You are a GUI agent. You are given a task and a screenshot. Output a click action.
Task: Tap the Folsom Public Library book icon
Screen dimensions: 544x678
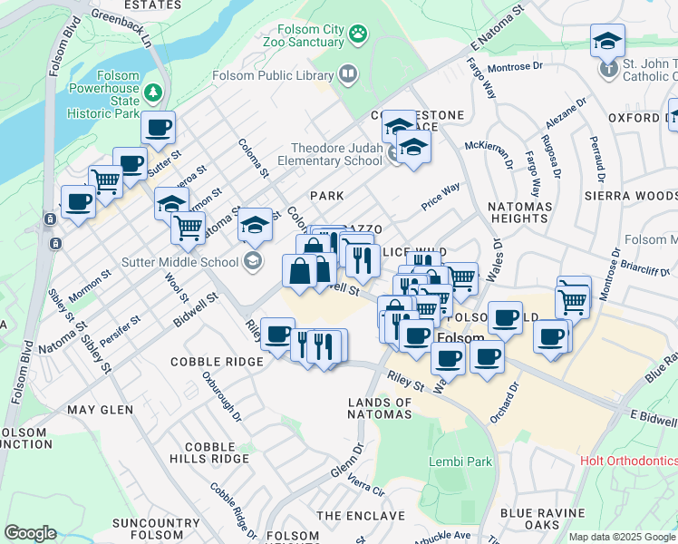pyautogui.click(x=347, y=73)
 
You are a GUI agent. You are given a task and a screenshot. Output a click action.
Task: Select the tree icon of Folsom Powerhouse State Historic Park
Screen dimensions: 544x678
pyautogui.click(x=154, y=92)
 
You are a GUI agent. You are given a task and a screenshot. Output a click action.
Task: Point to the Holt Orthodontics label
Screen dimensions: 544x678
pyautogui.click(x=628, y=461)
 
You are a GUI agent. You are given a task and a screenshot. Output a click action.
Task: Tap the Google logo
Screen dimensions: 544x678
pyautogui.click(x=30, y=532)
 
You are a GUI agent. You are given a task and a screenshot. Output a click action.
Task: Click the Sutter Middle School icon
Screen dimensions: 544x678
pyautogui.click(x=253, y=262)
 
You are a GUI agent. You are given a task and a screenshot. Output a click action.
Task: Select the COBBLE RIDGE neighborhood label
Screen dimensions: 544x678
pyautogui.click(x=217, y=361)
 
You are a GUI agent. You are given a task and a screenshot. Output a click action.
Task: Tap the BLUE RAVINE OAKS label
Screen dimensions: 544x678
pyautogui.click(x=542, y=520)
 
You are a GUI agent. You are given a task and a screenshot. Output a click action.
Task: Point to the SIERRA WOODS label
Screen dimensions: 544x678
pyautogui.click(x=630, y=195)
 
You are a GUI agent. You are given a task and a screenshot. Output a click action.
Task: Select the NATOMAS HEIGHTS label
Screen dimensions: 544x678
pyautogui.click(x=519, y=213)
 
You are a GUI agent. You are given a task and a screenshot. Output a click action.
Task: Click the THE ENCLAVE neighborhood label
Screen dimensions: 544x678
pyautogui.click(x=361, y=516)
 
